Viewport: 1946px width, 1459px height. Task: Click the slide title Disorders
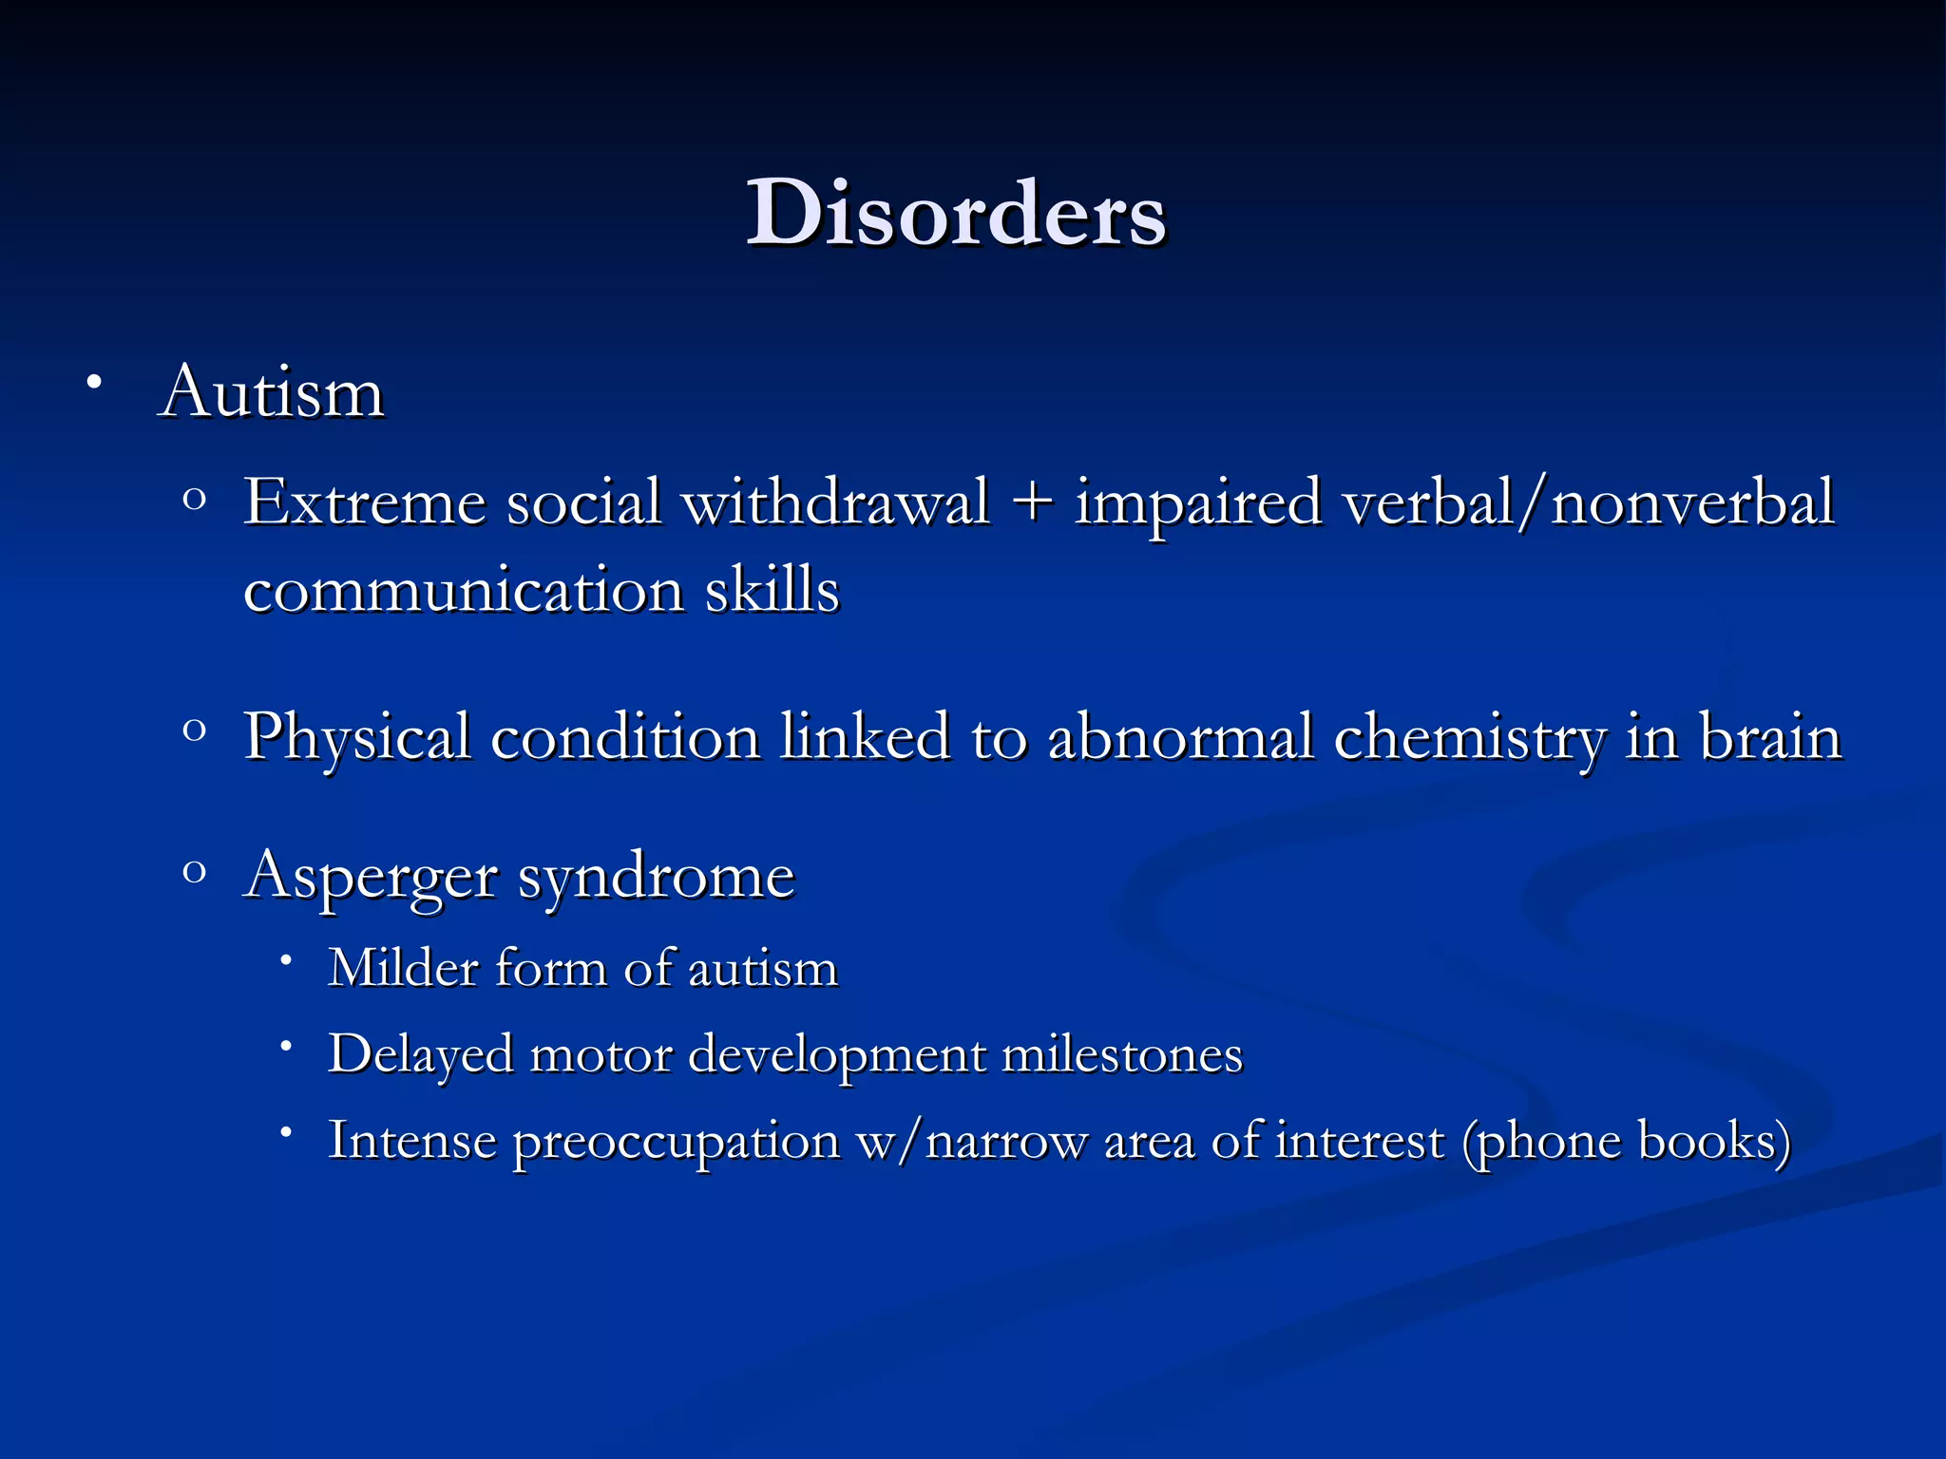pos(956,215)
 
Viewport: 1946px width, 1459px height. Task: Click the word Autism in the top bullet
pos(272,391)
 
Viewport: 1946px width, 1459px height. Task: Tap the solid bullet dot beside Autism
pos(93,384)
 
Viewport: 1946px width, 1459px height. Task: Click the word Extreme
pos(365,502)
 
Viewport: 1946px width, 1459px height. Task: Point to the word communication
pos(464,591)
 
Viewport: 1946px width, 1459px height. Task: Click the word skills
pos(772,589)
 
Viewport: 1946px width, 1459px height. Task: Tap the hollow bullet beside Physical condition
pos(194,730)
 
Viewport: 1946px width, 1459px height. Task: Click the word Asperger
pos(371,876)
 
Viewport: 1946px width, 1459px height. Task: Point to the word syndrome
pos(656,876)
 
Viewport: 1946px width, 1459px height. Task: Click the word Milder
pos(403,968)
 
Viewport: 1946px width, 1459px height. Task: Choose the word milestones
pos(1121,1054)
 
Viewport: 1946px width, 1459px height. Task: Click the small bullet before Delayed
pos(285,1046)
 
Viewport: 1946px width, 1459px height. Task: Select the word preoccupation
pos(677,1141)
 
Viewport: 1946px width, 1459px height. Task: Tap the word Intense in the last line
pos(411,1140)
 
